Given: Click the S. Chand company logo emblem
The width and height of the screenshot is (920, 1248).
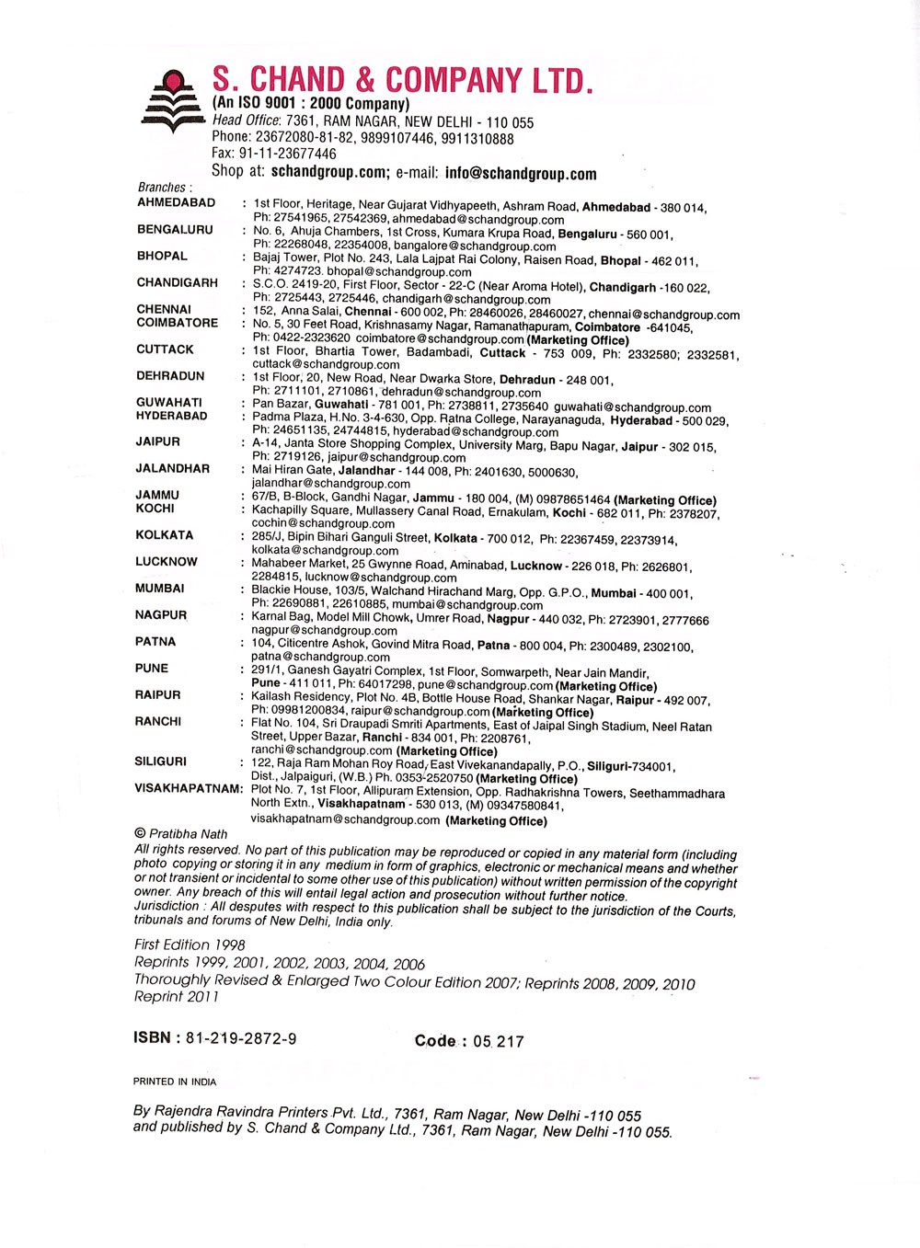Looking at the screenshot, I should point(171,101).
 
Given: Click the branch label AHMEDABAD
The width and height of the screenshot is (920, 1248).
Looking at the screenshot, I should point(176,202).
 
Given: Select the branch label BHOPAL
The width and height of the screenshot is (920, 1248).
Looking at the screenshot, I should point(162,256).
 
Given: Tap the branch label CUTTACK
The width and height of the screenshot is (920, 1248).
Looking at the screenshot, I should point(165,349).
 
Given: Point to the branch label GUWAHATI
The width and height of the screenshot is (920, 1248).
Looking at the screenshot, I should point(169,402).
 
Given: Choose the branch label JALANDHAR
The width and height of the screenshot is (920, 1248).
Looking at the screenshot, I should point(172,468).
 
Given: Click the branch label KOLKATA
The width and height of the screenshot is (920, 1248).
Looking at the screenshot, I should point(164,534).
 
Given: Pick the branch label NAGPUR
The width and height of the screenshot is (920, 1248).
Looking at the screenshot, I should point(161,614).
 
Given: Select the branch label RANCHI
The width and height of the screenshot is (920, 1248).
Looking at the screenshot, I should point(158,721).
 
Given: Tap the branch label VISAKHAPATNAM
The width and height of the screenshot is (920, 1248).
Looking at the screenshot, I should point(189,788).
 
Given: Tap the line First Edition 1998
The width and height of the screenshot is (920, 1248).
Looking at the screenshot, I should point(190,945).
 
